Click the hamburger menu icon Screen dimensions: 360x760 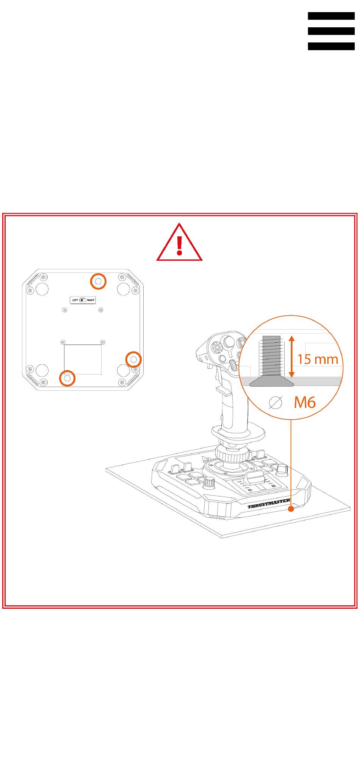[331, 31]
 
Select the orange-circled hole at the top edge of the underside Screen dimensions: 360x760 [98, 281]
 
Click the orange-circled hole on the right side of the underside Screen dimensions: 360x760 [133, 359]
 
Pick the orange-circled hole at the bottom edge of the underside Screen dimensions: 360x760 [67, 378]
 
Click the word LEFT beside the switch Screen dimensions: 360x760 [75, 300]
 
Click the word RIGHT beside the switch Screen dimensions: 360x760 [91, 300]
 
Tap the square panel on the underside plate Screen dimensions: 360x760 [83, 359]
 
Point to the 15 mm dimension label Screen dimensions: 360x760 [318, 359]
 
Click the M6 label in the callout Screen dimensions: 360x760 [305, 402]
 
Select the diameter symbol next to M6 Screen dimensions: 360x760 [275, 403]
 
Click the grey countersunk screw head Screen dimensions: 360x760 [272, 382]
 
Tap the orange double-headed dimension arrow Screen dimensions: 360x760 [291, 356]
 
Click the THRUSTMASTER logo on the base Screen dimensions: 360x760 [269, 506]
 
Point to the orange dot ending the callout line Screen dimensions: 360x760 [291, 509]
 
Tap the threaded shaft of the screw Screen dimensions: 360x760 [271, 357]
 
